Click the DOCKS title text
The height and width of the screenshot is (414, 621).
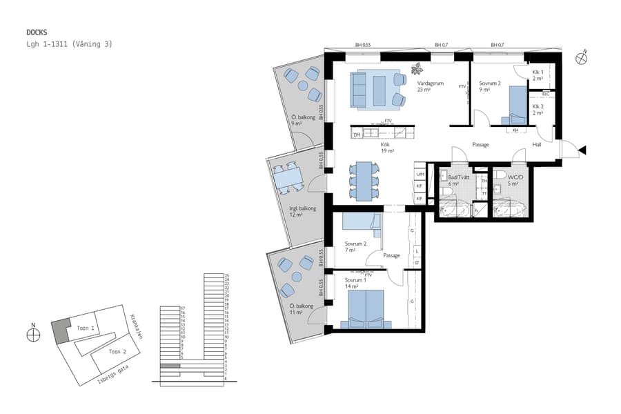36,32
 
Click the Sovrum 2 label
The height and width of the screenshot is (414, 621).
355,244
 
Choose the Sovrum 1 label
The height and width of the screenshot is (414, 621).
355,281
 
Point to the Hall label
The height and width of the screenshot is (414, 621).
537,144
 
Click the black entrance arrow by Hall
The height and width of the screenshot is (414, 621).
583,150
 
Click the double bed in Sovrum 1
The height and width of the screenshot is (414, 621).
366,308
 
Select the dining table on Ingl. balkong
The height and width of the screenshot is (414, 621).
286,179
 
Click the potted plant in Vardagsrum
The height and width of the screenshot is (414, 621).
416,68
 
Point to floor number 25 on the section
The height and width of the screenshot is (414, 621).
226,275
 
